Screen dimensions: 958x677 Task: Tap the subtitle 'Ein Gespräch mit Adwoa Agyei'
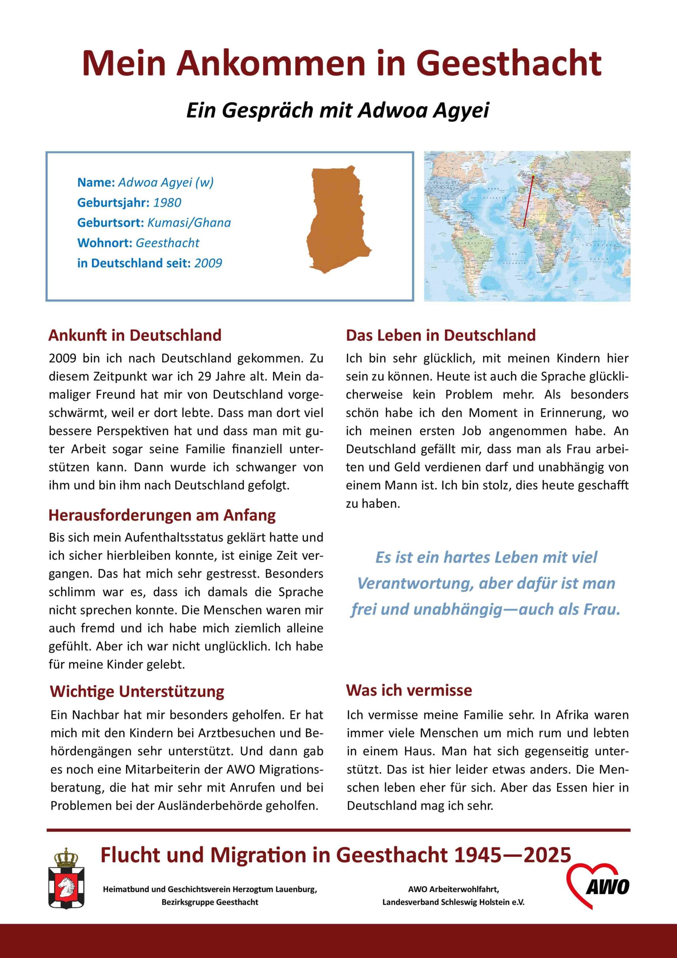point(337,110)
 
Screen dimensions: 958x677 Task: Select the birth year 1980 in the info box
point(167,203)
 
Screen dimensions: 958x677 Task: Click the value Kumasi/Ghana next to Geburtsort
point(189,223)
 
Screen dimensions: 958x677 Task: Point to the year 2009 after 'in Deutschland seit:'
point(208,263)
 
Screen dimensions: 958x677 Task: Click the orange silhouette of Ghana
point(338,219)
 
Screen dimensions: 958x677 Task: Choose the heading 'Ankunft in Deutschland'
point(135,335)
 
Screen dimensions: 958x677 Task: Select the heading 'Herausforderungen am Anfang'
point(162,515)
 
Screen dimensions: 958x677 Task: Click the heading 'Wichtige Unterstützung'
point(137,692)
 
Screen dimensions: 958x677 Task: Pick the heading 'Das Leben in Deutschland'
point(440,335)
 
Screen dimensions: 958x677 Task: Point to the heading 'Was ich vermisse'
point(409,690)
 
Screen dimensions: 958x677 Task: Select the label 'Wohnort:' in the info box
point(105,243)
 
